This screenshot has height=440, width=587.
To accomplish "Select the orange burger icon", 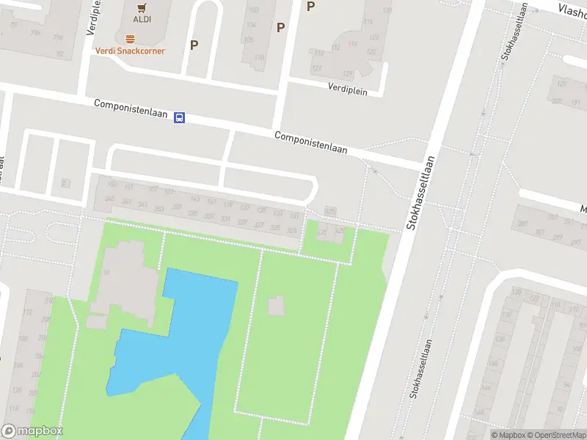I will (x=130, y=39).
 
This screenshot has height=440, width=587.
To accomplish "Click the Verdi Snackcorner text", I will (x=130, y=51).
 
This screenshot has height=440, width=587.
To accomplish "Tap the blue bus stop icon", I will (x=180, y=117).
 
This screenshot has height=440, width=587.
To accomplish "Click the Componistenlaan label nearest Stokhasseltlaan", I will (x=310, y=142).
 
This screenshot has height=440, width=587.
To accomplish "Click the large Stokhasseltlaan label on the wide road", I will (x=422, y=192).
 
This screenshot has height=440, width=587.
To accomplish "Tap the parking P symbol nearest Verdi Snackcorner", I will (x=194, y=45).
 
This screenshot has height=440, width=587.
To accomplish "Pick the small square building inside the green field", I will (x=276, y=306).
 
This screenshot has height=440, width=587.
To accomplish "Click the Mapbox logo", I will (x=32, y=431).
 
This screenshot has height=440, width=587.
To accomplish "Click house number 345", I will (x=110, y=199).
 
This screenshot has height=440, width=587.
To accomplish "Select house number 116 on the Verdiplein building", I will (x=352, y=45).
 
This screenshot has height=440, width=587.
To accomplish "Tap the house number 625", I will (x=330, y=211).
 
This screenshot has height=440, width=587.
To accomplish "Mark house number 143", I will (x=194, y=199).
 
